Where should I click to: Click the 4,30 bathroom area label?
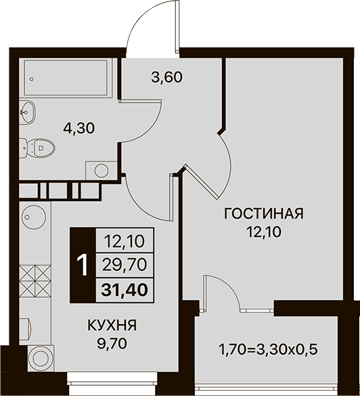(79, 128)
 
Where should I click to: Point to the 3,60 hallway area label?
(166, 77)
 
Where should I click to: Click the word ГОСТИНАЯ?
(264, 213)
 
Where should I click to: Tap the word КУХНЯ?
(112, 325)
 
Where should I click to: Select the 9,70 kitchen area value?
(112, 343)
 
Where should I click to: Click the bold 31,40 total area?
(125, 290)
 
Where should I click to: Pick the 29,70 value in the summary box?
(125, 265)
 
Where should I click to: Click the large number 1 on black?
(83, 265)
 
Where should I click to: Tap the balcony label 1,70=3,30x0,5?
(269, 350)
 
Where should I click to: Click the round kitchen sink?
(34, 217)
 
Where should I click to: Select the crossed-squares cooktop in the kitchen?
(35, 281)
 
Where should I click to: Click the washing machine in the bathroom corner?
(102, 171)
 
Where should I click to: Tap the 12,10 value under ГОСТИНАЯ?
(264, 232)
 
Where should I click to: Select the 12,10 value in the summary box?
(125, 241)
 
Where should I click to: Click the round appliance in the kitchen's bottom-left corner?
(41, 358)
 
